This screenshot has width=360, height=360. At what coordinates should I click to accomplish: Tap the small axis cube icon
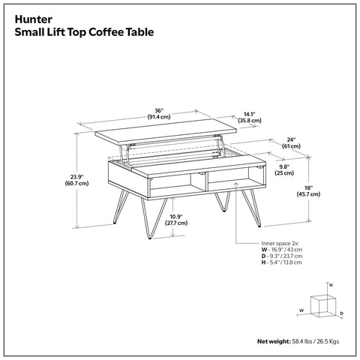(x=325, y=304)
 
